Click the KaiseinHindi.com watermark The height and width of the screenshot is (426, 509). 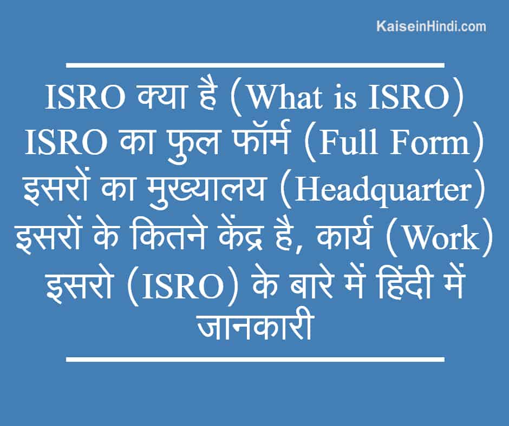point(431,26)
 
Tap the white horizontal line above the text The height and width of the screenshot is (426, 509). point(255,65)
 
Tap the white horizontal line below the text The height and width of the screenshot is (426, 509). point(255,359)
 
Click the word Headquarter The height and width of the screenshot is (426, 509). point(382,192)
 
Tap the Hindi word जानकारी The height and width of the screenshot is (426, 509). point(255,326)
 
